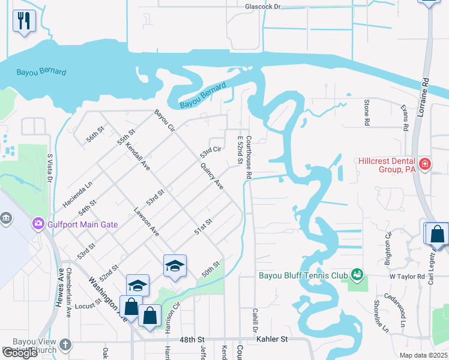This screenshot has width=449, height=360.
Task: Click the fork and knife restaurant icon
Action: click(24, 22)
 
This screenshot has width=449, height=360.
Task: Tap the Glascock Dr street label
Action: click(263, 7)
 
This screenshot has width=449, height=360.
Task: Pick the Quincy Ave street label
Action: click(212, 177)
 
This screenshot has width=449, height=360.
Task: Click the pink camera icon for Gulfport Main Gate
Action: click(38, 224)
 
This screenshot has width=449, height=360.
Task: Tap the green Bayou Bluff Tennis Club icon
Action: click(357, 275)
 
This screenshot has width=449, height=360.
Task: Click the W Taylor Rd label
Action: click(406, 277)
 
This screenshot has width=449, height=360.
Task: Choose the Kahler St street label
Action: click(272, 339)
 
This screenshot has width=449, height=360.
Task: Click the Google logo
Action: click(20, 353)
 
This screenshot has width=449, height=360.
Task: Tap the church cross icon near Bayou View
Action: click(65, 346)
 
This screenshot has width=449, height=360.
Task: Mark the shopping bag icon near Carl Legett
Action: click(438, 234)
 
